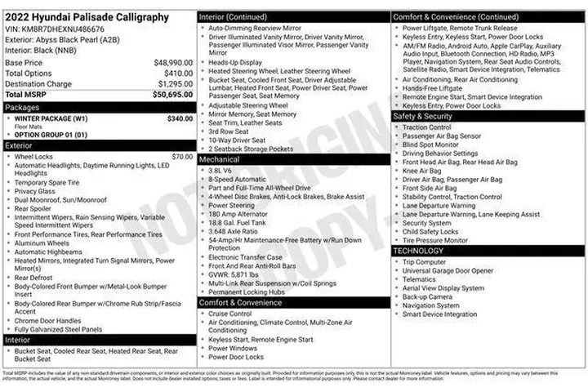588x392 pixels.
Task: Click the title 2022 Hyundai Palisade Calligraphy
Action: [87, 16]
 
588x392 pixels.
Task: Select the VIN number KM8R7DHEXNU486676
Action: [62, 29]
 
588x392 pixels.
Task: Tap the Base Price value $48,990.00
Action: [173, 62]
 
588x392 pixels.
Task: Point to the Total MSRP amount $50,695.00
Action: [172, 95]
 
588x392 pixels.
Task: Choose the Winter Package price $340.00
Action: [180, 118]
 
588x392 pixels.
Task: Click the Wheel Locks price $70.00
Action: [182, 156]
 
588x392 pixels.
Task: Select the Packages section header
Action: [22, 107]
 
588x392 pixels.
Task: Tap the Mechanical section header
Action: [219, 159]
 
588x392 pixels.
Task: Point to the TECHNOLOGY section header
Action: [419, 251]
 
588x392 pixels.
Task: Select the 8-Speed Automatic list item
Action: [237, 179]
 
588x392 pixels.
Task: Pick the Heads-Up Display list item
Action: [235, 62]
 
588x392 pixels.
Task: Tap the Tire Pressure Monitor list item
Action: [434, 240]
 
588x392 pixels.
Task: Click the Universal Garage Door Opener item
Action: [448, 270]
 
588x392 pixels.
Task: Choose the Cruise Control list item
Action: [229, 314]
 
